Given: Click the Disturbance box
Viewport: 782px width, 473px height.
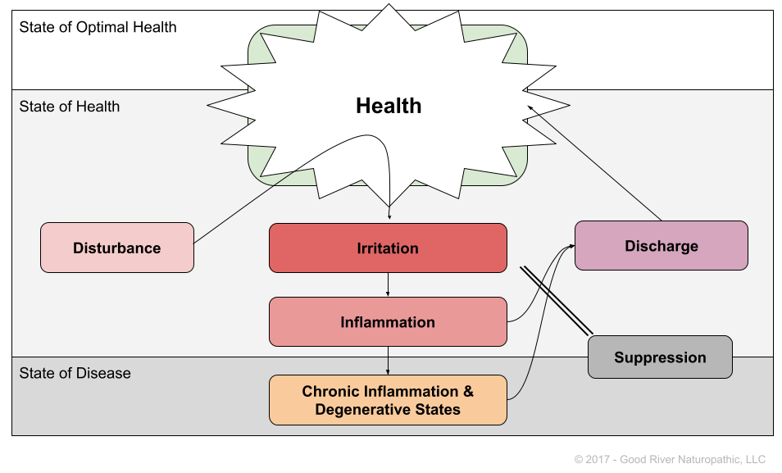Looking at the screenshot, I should [117, 248].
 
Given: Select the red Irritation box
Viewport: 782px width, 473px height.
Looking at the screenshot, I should [388, 248].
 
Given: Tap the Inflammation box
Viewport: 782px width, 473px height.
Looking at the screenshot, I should [388, 321].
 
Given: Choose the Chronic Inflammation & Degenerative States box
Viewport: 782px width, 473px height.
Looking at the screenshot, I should [388, 400].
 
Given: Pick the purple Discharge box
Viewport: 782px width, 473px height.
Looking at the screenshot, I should [661, 245].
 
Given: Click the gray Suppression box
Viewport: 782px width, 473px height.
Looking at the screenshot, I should [660, 357].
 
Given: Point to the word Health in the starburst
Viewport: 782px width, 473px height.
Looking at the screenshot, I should [389, 106].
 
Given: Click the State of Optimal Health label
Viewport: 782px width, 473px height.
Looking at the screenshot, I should [98, 27].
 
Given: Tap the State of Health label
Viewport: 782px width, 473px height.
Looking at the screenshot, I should [70, 107].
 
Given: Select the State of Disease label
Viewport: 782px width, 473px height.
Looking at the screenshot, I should [75, 373].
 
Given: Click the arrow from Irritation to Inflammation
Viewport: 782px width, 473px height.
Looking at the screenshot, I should [388, 284].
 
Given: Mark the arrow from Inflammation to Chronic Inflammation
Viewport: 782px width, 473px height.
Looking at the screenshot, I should [388, 360].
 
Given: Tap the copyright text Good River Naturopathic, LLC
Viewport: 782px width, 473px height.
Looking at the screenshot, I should [692, 459].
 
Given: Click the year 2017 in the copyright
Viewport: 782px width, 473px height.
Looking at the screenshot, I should [598, 459].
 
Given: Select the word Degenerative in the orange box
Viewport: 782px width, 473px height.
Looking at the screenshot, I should [357, 409].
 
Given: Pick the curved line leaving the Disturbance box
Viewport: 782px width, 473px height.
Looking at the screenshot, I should [246, 205].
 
